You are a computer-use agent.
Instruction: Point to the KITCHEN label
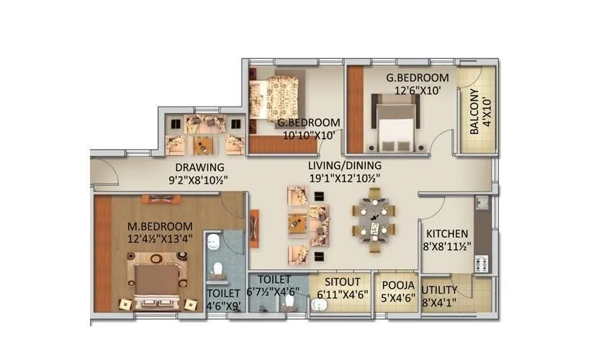pyautogui.click(x=447, y=234)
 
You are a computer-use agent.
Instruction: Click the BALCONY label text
pyautogui.click(x=474, y=112)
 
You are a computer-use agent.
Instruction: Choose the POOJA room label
pyautogui.click(x=398, y=284)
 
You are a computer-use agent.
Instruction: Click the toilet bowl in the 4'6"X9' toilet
pyautogui.click(x=218, y=270)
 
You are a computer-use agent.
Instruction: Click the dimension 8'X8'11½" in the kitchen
pyautogui.click(x=448, y=246)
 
